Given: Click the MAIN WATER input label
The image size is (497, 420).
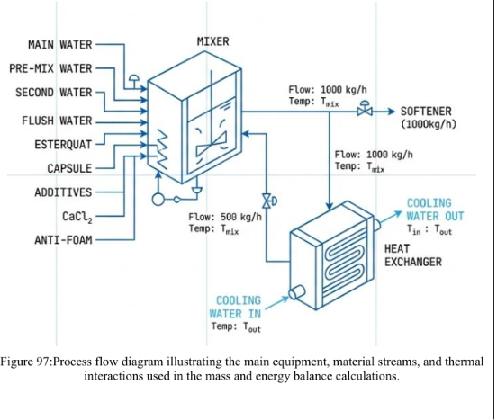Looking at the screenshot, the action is pyautogui.click(x=60, y=45).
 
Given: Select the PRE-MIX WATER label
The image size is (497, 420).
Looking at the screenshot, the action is pyautogui.click(x=50, y=68).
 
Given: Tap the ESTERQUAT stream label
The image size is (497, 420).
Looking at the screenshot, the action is pyautogui.click(x=63, y=145).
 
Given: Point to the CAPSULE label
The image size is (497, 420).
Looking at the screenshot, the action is pyautogui.click(x=69, y=168).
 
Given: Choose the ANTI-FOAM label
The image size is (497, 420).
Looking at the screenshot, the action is pyautogui.click(x=63, y=240).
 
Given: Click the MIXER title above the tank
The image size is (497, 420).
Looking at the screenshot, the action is pyautogui.click(x=213, y=41).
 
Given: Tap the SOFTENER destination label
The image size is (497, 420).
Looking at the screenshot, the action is pyautogui.click(x=429, y=117).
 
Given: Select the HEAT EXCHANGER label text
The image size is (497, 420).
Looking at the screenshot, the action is pyautogui.click(x=413, y=255).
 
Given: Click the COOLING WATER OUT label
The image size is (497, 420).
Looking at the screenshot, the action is pyautogui.click(x=435, y=210).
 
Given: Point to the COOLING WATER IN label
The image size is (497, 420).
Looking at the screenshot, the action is pyautogui.click(x=235, y=307).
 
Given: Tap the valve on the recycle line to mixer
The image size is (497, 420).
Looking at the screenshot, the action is pyautogui.click(x=268, y=201).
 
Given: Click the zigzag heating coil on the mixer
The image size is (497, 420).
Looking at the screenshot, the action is pyautogui.click(x=163, y=149).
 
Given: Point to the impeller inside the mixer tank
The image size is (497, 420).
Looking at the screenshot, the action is pyautogui.click(x=211, y=144).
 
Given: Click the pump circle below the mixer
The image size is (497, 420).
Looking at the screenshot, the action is pyautogui.click(x=158, y=200).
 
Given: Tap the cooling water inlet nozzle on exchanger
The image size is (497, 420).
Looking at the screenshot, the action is pyautogui.click(x=297, y=291).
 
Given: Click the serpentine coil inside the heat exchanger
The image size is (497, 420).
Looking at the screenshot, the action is pyautogui.click(x=345, y=259).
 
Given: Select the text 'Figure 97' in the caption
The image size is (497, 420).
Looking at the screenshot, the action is pyautogui.click(x=24, y=362).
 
